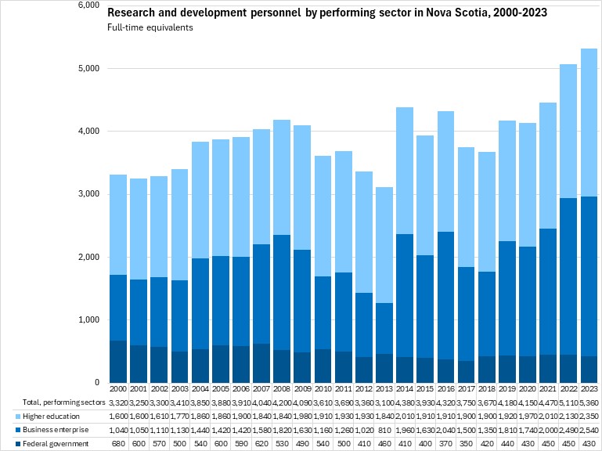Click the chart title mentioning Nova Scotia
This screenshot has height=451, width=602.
326,13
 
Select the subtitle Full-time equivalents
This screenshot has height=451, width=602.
150,27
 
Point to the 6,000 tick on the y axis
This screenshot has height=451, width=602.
91,5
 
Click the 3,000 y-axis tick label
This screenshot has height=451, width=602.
91,194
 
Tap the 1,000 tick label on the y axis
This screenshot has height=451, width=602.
91,320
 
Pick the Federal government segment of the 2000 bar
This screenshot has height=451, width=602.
118,362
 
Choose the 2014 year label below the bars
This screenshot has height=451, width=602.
405,388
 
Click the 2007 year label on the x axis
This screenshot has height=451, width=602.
261,388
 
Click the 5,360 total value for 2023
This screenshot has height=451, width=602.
589,402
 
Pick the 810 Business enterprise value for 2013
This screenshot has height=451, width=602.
384,430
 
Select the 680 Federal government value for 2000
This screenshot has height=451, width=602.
118,444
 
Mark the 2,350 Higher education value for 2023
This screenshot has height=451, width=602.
589,416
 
